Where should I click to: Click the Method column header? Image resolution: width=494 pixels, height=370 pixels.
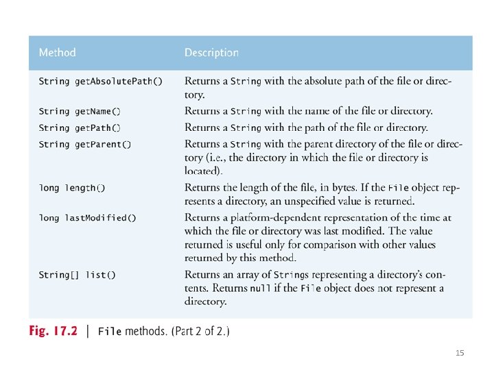pos(57,52)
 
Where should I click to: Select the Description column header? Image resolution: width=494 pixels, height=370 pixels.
pos(211,52)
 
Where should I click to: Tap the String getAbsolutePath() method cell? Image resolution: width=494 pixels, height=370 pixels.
pos(100,81)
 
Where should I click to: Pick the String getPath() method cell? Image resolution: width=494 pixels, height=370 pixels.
pos(79,127)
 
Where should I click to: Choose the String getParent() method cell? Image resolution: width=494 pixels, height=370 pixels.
pos(84,145)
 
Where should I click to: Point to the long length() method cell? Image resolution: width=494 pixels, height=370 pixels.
pos(72,188)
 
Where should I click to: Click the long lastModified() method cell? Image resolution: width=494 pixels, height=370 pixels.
pos(87,218)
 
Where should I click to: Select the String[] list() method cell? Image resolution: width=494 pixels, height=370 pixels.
pos(77,275)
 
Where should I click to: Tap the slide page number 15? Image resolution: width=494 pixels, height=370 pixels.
pos(460,353)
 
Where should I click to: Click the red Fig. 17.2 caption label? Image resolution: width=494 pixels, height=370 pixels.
pos(53,332)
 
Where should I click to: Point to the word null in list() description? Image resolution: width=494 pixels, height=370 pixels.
pos(260,288)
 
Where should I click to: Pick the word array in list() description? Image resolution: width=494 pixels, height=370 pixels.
pos(246,275)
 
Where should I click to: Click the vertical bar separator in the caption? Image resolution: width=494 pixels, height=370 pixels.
pos(86,332)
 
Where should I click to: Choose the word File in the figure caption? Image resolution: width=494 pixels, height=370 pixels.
pos(110,332)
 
